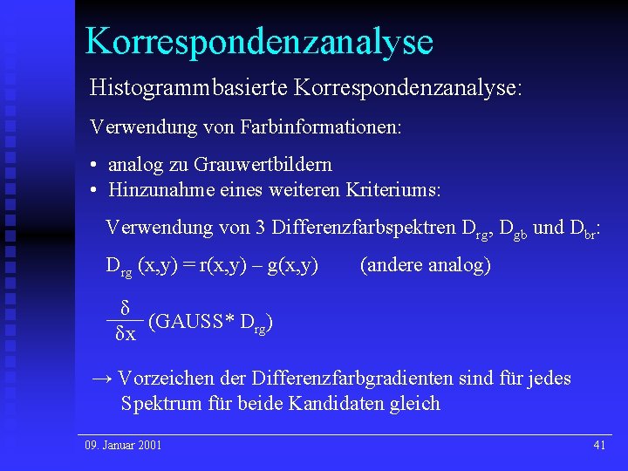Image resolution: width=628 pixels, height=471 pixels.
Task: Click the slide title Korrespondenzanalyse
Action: (x=259, y=41)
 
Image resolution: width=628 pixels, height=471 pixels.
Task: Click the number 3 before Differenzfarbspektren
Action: (x=260, y=228)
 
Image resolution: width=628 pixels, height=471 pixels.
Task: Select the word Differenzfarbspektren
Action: (x=364, y=228)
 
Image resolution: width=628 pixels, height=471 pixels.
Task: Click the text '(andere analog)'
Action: (x=426, y=264)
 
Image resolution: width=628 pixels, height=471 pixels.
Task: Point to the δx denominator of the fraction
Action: (x=126, y=333)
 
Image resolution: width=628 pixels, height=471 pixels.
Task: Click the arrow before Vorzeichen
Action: (x=102, y=379)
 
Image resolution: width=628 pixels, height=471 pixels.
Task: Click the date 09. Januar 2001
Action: (x=123, y=446)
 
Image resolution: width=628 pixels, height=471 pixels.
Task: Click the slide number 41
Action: (x=598, y=446)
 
